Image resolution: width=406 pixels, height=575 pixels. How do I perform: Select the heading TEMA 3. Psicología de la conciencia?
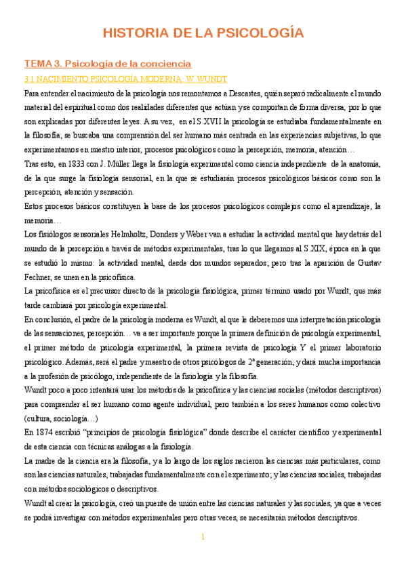108,64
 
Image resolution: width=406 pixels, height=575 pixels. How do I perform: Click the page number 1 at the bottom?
202,537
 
